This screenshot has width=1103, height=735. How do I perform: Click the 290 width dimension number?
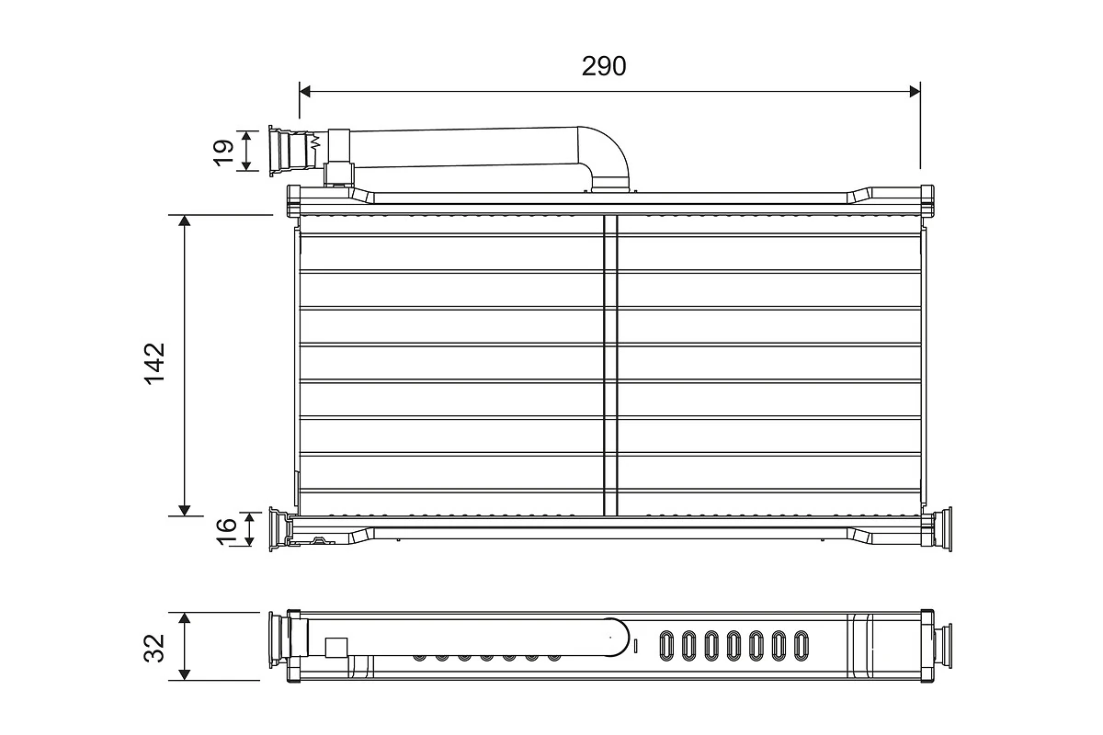click(604, 66)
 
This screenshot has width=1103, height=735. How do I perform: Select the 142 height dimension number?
click(154, 364)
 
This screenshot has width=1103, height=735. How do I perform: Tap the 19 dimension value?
click(223, 151)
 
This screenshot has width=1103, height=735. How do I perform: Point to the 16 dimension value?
click(226, 529)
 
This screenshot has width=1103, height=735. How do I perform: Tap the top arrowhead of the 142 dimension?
click(185, 221)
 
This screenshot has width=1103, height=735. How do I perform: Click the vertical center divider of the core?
click(610, 366)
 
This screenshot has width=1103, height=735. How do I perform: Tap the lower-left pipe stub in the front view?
click(277, 530)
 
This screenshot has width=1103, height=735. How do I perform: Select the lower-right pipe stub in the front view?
click(943, 531)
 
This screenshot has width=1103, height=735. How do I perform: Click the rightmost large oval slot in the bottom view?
click(801, 645)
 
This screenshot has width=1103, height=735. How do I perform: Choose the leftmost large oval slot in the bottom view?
click(665, 645)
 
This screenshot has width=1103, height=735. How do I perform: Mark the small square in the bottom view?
click(336, 648)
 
